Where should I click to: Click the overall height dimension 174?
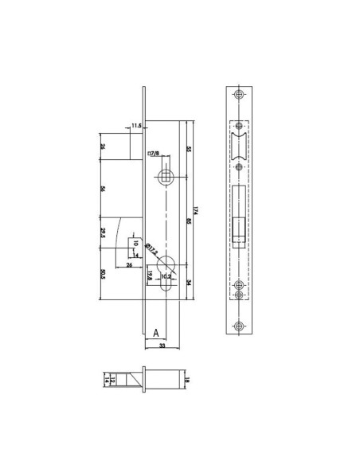coord(195,210)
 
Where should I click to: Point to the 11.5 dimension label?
coord(136,126)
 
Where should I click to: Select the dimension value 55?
coord(187,149)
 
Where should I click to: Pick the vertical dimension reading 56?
coord(103,190)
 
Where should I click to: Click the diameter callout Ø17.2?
coord(151,252)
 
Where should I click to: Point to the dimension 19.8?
coord(150,276)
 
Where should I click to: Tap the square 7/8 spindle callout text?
coord(153,154)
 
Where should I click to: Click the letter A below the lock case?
coord(156,332)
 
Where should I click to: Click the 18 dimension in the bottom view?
coord(186,381)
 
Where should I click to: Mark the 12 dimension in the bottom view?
coord(114,381)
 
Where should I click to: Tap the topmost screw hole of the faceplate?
coord(240,92)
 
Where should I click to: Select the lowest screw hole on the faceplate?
coord(240,324)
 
